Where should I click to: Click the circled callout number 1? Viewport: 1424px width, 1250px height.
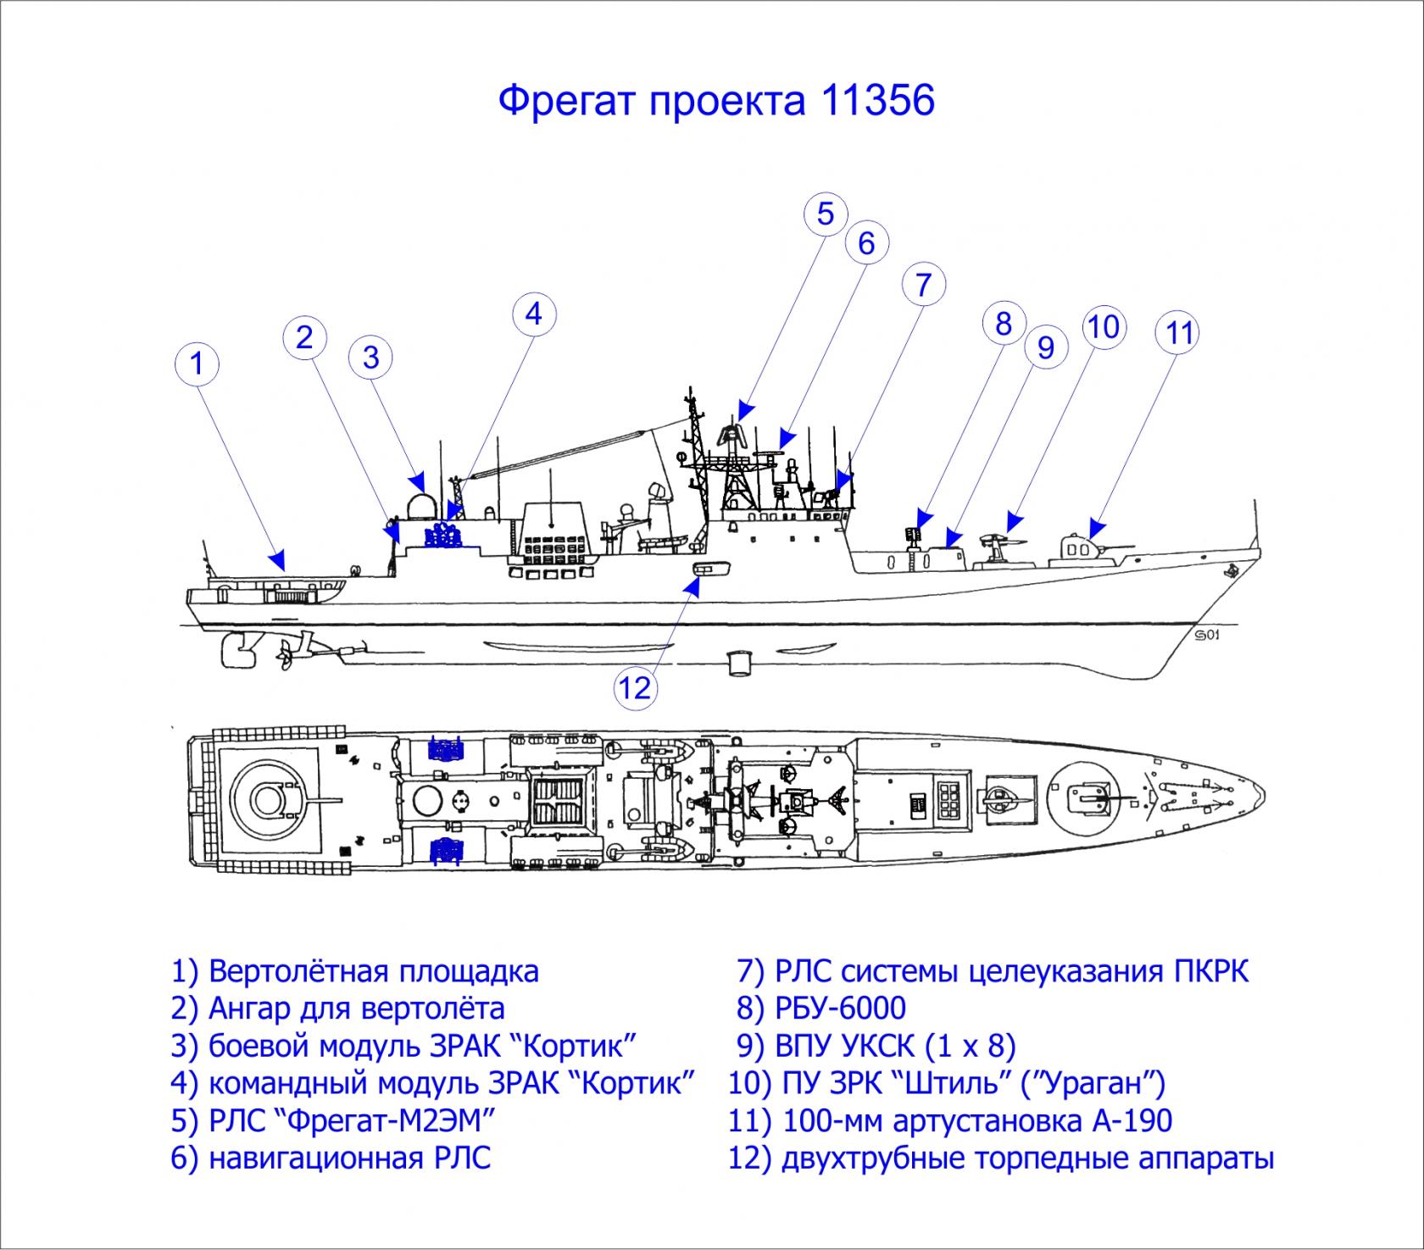coord(197,364)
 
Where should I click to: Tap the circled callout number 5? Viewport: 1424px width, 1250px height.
coord(825,214)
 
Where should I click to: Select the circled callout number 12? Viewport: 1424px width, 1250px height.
coord(635,688)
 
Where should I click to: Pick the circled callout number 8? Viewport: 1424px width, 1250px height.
coord(1004,323)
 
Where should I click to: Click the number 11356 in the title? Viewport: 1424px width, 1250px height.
coord(877,101)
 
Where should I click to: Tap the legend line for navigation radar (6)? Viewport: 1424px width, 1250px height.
coord(331,1158)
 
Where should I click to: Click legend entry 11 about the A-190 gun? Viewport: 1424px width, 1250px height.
coord(950,1120)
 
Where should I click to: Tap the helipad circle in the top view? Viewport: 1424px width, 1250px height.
coord(268,798)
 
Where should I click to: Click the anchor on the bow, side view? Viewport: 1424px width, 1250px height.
coord(1231,572)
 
